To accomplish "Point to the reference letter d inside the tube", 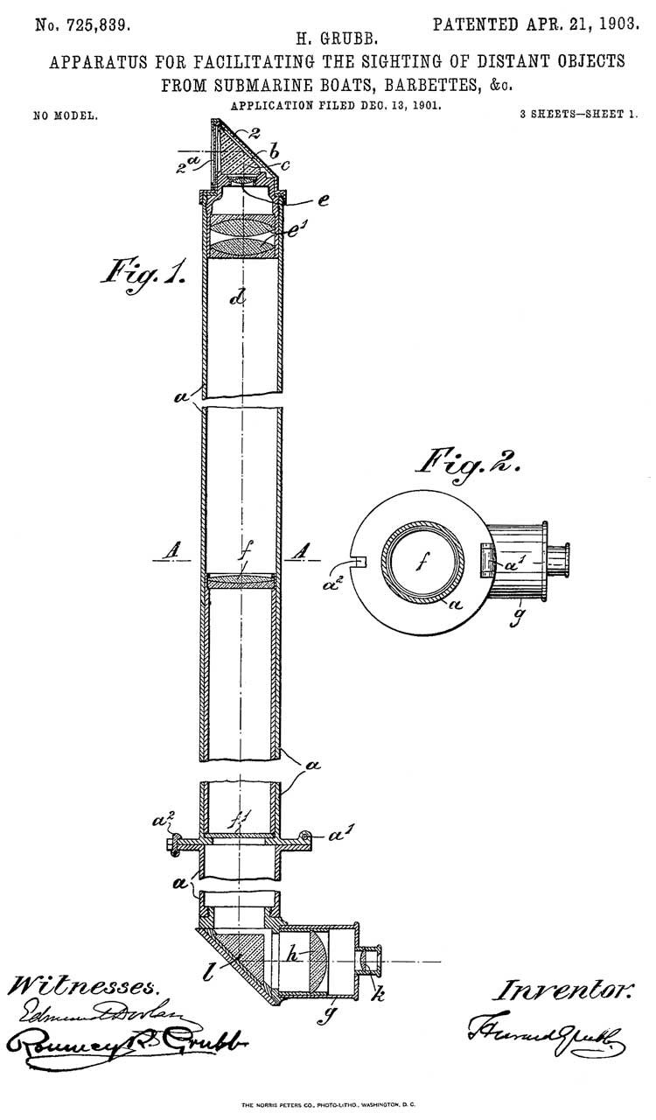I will pyautogui.click(x=236, y=297).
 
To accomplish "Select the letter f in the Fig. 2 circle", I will pyautogui.click(x=422, y=565).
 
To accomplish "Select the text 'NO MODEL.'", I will pyautogui.click(x=66, y=115).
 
